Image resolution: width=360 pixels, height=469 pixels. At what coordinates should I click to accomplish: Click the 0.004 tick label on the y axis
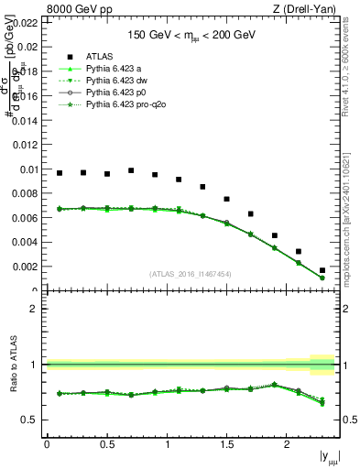pos(27,243)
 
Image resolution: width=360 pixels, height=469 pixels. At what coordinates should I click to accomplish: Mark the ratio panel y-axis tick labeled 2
pos(34,309)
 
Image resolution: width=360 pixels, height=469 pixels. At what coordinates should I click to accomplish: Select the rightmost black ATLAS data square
pos(322,270)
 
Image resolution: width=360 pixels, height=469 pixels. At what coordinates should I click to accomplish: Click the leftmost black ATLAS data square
pos(60,173)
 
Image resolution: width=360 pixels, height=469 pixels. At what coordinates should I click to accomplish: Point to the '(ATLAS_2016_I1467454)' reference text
pos(190,274)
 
